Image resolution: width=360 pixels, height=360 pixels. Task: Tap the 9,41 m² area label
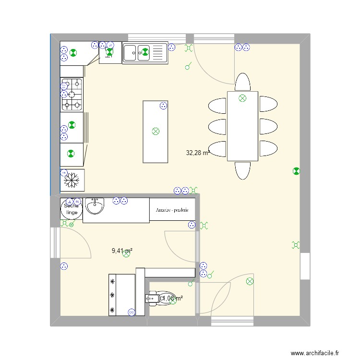(x=122, y=250)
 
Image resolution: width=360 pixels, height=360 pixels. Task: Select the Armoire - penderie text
(x=172, y=210)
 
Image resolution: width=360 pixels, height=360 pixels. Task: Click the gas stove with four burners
(x=72, y=95)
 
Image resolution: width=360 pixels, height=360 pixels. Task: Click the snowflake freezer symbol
(x=72, y=180)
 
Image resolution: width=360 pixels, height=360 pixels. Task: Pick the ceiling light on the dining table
(x=242, y=98)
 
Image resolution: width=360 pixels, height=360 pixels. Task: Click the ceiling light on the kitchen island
(x=155, y=131)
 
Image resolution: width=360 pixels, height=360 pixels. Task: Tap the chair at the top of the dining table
(x=242, y=83)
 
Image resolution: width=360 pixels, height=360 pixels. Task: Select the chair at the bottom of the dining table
(x=242, y=170)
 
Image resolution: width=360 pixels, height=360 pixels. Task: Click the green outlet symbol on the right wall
(x=296, y=170)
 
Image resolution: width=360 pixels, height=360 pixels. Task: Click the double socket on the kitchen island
(x=163, y=106)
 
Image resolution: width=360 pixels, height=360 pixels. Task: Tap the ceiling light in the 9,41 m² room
(x=126, y=255)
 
